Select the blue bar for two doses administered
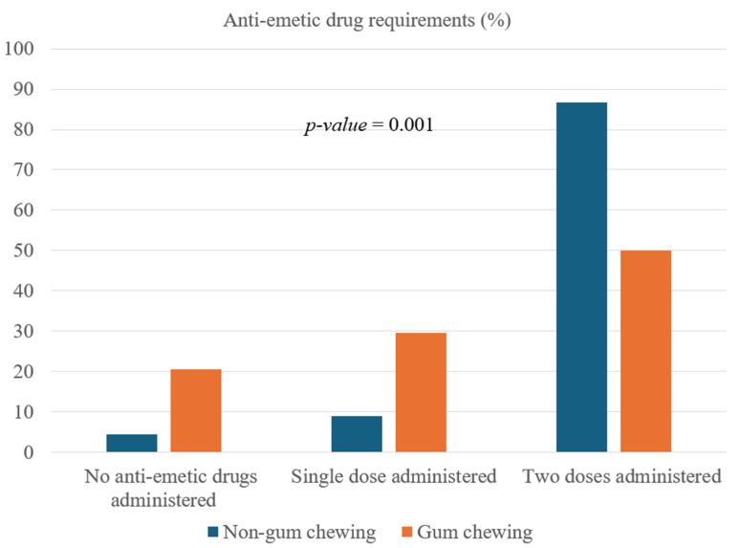pos(581,276)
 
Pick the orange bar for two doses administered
pos(645,351)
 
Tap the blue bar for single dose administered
pos(357,433)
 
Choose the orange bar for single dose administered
pos(421,392)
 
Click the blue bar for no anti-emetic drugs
pos(132,443)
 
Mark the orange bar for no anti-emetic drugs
pos(196,410)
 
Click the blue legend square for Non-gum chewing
pos(210,532)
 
